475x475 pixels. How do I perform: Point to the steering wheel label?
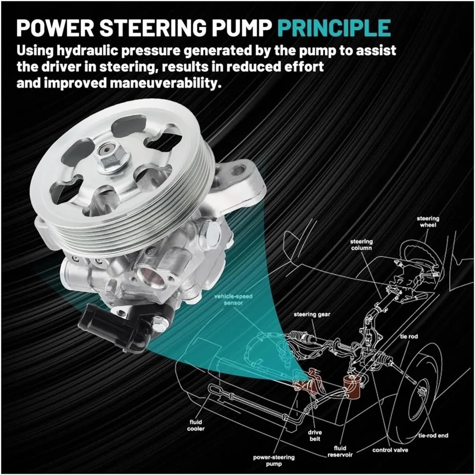tap(428, 222)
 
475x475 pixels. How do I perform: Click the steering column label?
tap(361, 245)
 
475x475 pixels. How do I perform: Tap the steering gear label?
tap(312, 315)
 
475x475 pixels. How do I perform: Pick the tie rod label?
tap(409, 336)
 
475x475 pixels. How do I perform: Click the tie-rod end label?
tap(433, 435)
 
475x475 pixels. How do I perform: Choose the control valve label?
tap(390, 450)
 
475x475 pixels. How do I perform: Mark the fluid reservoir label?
tap(340, 451)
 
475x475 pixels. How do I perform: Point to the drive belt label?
tap(315, 436)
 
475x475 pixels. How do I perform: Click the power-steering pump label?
tap(274, 461)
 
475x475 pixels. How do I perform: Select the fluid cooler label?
tap(196, 425)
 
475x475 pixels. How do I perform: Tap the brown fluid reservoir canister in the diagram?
tap(351, 387)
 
